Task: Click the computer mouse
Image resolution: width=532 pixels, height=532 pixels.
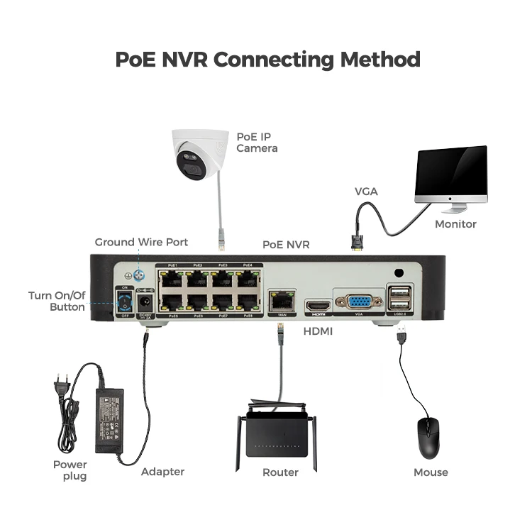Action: [x=428, y=437]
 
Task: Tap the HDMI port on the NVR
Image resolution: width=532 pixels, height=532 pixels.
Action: [x=316, y=306]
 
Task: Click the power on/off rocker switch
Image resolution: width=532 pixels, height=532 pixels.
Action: [x=125, y=301]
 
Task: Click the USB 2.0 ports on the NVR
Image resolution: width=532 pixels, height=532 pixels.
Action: [x=399, y=298]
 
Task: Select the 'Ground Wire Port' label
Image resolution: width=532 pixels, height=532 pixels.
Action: [x=141, y=243]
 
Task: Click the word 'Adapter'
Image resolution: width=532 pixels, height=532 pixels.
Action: [x=162, y=472]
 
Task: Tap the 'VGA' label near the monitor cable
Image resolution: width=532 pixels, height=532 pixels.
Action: [x=366, y=192]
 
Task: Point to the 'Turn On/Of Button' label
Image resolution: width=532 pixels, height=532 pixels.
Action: [x=56, y=301]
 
